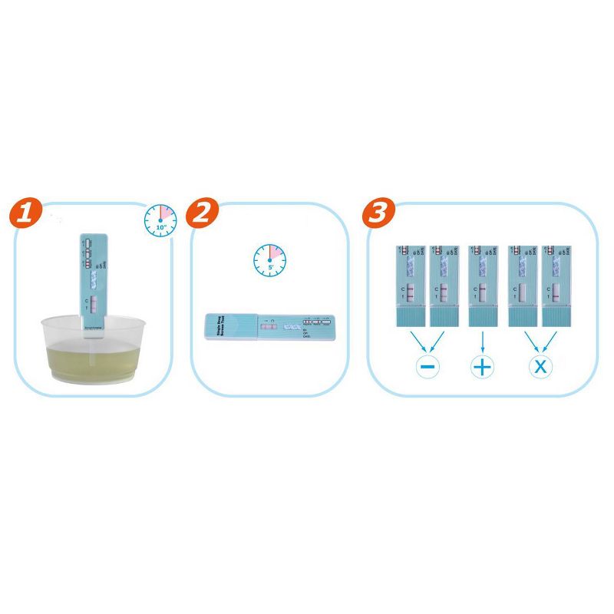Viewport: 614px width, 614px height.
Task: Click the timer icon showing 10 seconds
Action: [160, 220]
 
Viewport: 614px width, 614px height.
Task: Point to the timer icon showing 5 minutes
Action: [269, 261]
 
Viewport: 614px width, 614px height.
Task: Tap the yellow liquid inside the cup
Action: [84, 361]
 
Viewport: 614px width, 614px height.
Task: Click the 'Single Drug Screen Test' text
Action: [231, 326]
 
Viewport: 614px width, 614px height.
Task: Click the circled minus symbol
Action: [428, 366]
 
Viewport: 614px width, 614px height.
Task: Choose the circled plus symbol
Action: [482, 366]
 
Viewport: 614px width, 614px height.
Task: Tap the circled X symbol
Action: [540, 366]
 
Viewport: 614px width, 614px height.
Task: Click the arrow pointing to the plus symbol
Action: [482, 341]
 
